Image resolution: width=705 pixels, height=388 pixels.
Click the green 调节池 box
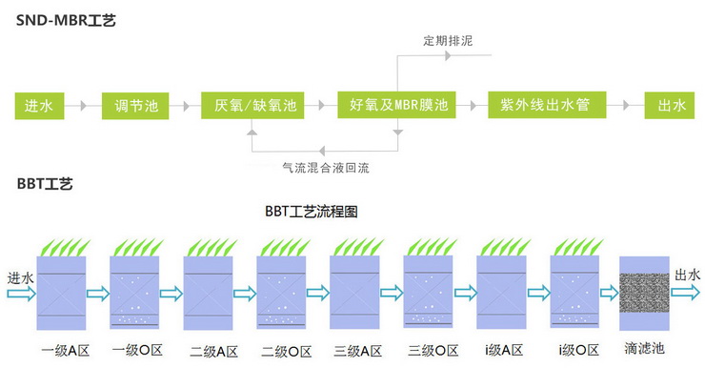tap(135, 106)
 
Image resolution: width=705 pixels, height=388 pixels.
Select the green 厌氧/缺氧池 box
tap(252, 105)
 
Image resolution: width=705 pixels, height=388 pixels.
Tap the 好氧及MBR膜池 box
tap(396, 105)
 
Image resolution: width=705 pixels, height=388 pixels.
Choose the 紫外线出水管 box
tap(547, 105)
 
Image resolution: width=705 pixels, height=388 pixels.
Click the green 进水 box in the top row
tap(40, 106)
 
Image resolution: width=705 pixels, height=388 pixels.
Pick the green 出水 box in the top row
tap(670, 105)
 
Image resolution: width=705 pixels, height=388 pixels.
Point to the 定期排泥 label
tap(448, 40)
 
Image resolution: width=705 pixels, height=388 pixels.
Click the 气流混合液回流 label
tap(326, 168)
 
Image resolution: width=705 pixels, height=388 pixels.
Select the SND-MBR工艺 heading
tap(66, 20)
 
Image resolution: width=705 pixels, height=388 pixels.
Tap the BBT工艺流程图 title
tap(312, 212)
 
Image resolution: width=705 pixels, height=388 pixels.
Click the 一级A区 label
tap(65, 351)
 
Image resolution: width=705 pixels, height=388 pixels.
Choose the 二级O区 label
tap(287, 352)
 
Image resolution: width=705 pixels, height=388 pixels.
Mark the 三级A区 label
tap(358, 351)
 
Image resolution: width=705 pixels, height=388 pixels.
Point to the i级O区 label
tap(579, 350)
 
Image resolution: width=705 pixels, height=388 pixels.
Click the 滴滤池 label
tap(644, 348)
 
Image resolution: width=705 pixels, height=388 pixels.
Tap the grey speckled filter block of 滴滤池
tap(644, 293)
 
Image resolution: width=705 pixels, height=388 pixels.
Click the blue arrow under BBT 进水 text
tap(22, 295)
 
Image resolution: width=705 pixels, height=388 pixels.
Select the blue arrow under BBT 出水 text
tap(686, 293)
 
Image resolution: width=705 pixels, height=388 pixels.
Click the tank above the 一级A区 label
tap(61, 293)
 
